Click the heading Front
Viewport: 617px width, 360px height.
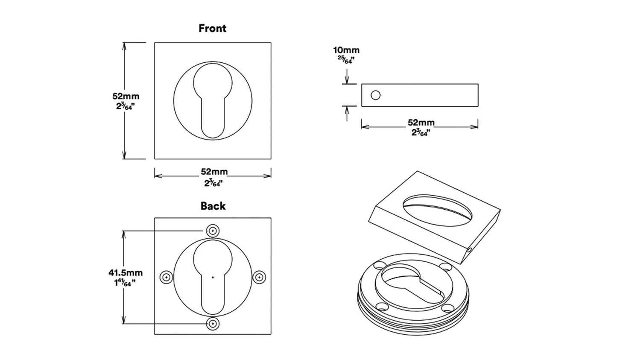click(x=212, y=29)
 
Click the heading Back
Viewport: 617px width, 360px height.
click(x=213, y=206)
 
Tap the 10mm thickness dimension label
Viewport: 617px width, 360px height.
click(x=346, y=50)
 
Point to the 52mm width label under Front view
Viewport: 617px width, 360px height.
click(x=214, y=172)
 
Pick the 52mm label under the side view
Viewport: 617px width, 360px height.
click(x=421, y=123)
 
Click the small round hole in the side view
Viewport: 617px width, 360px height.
click(x=375, y=95)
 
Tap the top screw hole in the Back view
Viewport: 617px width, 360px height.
click(x=212, y=231)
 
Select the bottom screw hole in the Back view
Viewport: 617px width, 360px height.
click(x=212, y=324)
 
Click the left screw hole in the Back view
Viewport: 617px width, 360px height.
click(x=166, y=278)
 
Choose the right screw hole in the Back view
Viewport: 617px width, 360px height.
click(x=259, y=278)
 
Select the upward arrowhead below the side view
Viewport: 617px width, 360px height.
click(x=348, y=110)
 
